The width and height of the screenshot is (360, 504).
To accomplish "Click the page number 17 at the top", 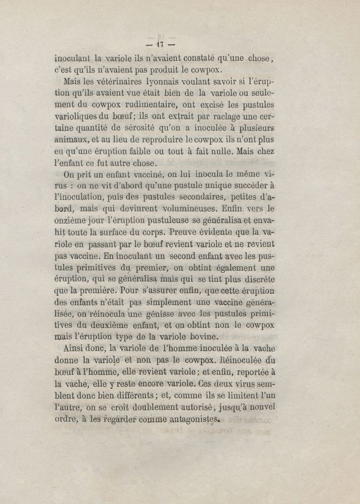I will pyautogui.click(x=161, y=45).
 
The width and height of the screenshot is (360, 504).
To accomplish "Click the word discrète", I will pyautogui.click(x=255, y=279).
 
